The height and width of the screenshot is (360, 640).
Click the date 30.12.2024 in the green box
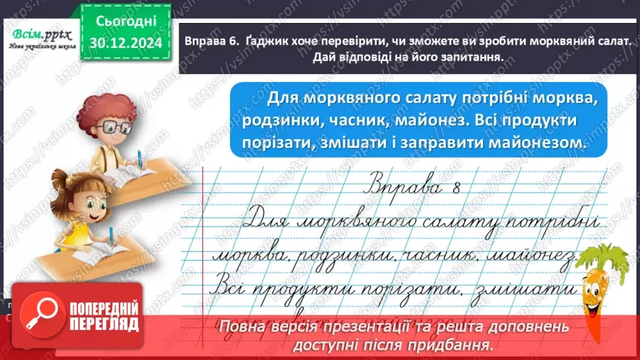click(x=125, y=42)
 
